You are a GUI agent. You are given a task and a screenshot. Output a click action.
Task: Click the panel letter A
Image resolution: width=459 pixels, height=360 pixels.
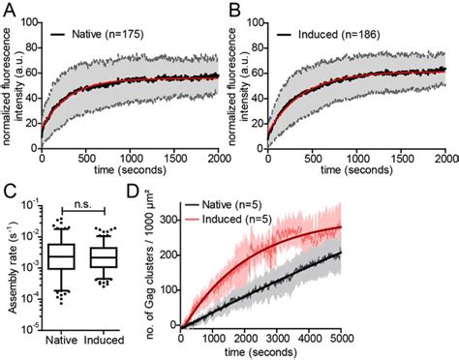pyautogui.click(x=9, y=9)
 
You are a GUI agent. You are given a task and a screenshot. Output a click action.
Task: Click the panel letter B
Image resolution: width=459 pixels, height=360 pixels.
pyautogui.click(x=236, y=9)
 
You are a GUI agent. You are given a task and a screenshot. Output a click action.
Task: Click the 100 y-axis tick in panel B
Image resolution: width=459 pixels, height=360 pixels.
pyautogui.click(x=256, y=19)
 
